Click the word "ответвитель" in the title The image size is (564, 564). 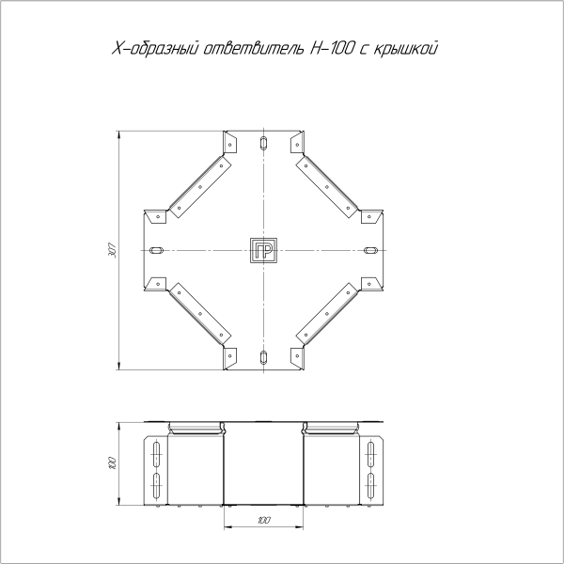pos(255,49)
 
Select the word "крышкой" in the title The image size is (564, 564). pos(405,49)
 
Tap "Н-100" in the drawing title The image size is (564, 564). pos(332,49)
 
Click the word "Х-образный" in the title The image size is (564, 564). pos(156,49)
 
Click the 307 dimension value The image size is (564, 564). pos(113,250)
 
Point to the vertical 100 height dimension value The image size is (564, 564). pos(113,462)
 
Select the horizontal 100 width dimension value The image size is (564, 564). pos(264,520)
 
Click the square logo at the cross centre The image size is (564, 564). pos(263,250)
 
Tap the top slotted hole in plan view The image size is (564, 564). pos(263,143)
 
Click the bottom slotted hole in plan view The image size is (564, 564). pos(263,357)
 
